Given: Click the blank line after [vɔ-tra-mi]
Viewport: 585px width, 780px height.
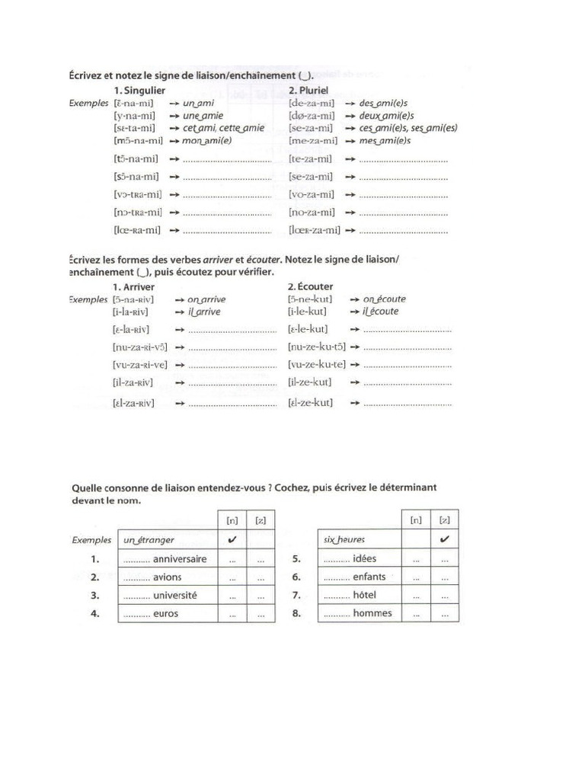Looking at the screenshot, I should (228, 195).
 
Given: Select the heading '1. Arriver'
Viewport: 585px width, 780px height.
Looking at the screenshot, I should (134, 286).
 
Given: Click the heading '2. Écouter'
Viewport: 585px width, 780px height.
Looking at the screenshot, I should (312, 286).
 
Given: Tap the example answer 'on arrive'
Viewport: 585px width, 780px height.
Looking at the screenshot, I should (206, 299).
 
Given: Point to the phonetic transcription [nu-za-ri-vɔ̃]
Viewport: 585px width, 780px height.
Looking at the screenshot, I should (139, 347).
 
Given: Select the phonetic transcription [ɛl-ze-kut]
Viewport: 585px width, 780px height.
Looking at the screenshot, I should (311, 401).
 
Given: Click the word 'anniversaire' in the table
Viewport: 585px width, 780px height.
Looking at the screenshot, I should (180, 558).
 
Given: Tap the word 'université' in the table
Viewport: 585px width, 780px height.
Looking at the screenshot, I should (175, 595).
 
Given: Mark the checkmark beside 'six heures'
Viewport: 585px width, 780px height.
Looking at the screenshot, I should (445, 539).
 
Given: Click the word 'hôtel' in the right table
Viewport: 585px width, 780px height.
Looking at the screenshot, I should (365, 595).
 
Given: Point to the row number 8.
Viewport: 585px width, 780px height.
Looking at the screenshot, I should (298, 613).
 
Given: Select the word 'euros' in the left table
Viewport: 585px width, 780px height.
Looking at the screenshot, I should (165, 613).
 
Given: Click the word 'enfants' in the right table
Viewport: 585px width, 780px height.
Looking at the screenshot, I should (369, 577).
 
